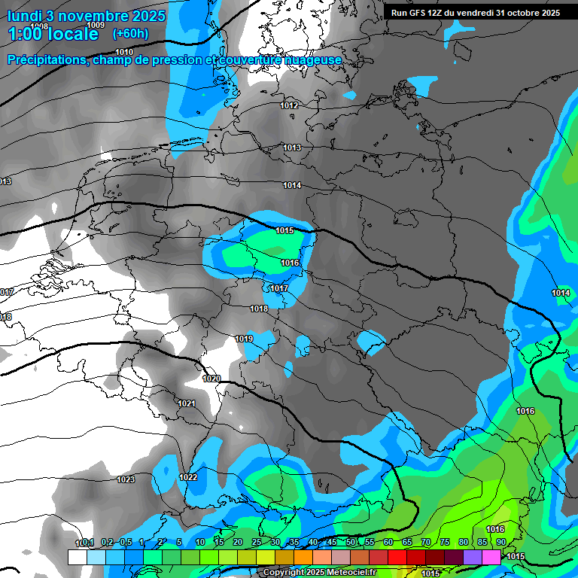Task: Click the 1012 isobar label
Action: pos(290,105)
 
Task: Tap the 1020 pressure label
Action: pos(211,379)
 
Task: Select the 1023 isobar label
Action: pos(126,479)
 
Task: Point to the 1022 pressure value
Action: pos(188,477)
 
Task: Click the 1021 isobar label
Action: pos(187,404)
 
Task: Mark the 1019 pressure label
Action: pos(244,339)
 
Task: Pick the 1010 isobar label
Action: pos(124,52)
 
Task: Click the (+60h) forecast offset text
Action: pos(130,34)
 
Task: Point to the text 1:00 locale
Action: pos(53,34)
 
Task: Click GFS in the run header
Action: pos(421,13)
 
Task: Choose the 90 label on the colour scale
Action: pos(500,542)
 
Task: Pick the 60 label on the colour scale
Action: pos(388,542)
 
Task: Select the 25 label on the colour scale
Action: pos(256,542)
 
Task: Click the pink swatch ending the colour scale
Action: pos(491,557)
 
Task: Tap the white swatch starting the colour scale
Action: pos(77,557)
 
